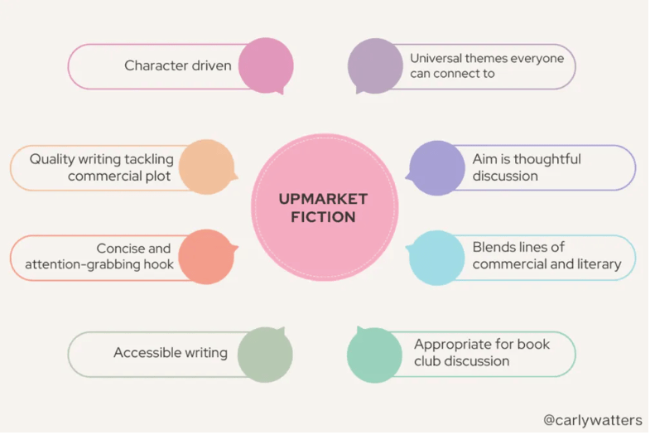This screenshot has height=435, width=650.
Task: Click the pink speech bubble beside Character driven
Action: [x=265, y=65]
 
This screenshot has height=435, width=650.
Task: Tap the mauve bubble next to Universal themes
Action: [x=375, y=65]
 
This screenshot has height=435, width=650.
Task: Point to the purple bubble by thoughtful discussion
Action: [x=437, y=168]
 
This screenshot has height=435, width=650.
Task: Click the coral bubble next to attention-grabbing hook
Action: [x=206, y=257]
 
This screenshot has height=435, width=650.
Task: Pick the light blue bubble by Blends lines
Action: [x=437, y=257]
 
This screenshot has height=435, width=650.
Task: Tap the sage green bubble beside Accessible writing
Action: [x=265, y=355]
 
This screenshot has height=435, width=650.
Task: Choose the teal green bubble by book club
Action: [x=375, y=355]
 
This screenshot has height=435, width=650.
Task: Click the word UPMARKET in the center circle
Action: [x=324, y=200]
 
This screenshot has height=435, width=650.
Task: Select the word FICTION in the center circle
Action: [x=324, y=218]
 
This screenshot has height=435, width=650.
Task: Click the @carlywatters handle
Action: [x=592, y=420]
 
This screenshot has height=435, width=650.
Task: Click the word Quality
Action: [x=51, y=159]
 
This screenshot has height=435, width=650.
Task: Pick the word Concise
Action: [x=122, y=249]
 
